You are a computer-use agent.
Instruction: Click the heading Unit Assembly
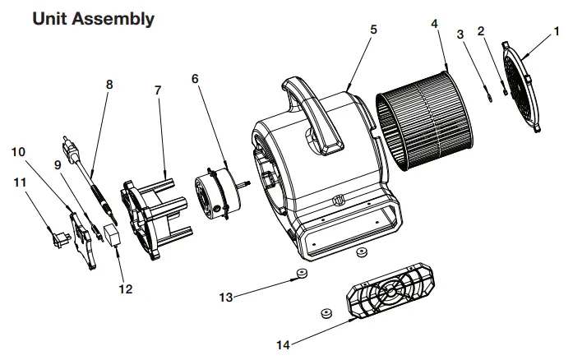[x=93, y=18]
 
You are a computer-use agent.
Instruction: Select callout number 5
[x=373, y=29]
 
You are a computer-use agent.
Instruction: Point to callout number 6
[x=195, y=79]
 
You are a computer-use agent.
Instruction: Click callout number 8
[x=109, y=84]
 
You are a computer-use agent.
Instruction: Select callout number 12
[x=126, y=289]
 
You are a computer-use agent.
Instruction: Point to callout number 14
[x=283, y=344]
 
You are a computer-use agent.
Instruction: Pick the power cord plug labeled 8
[x=73, y=150]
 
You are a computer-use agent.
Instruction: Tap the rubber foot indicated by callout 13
[x=302, y=274]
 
